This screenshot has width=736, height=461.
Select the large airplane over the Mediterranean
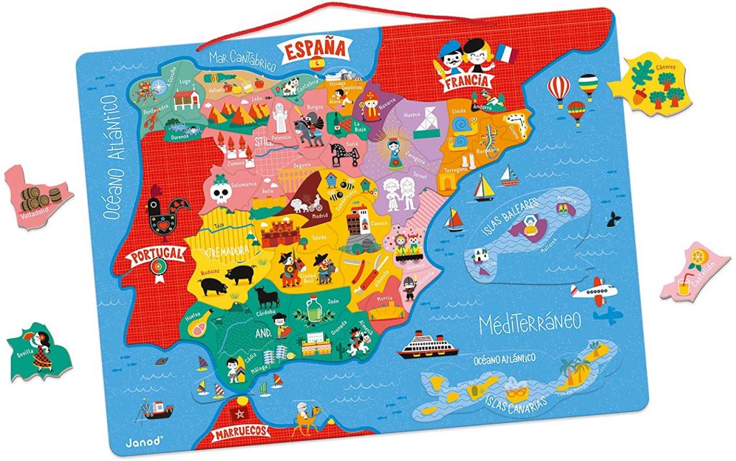click(594, 291)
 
